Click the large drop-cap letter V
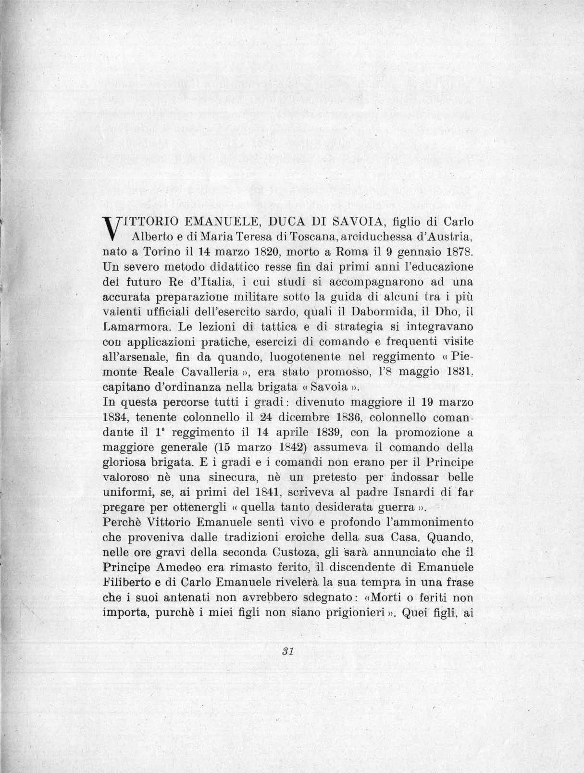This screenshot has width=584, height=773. click(112, 228)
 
